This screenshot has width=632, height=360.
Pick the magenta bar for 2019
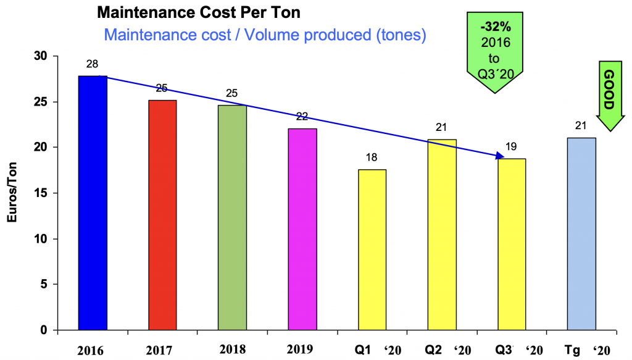[x=302, y=229]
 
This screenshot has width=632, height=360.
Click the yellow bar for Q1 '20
[x=372, y=249]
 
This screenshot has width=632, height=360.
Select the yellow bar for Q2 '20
[x=442, y=235]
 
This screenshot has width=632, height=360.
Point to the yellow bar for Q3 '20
[x=512, y=244]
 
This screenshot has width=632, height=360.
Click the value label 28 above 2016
[x=93, y=64]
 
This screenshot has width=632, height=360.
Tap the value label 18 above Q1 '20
[x=373, y=157]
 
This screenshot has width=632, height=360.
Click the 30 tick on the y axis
[x=41, y=56]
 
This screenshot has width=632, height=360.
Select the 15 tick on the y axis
[x=41, y=193]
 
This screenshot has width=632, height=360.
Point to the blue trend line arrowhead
[x=502, y=156]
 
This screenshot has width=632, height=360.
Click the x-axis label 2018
[x=233, y=350]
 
